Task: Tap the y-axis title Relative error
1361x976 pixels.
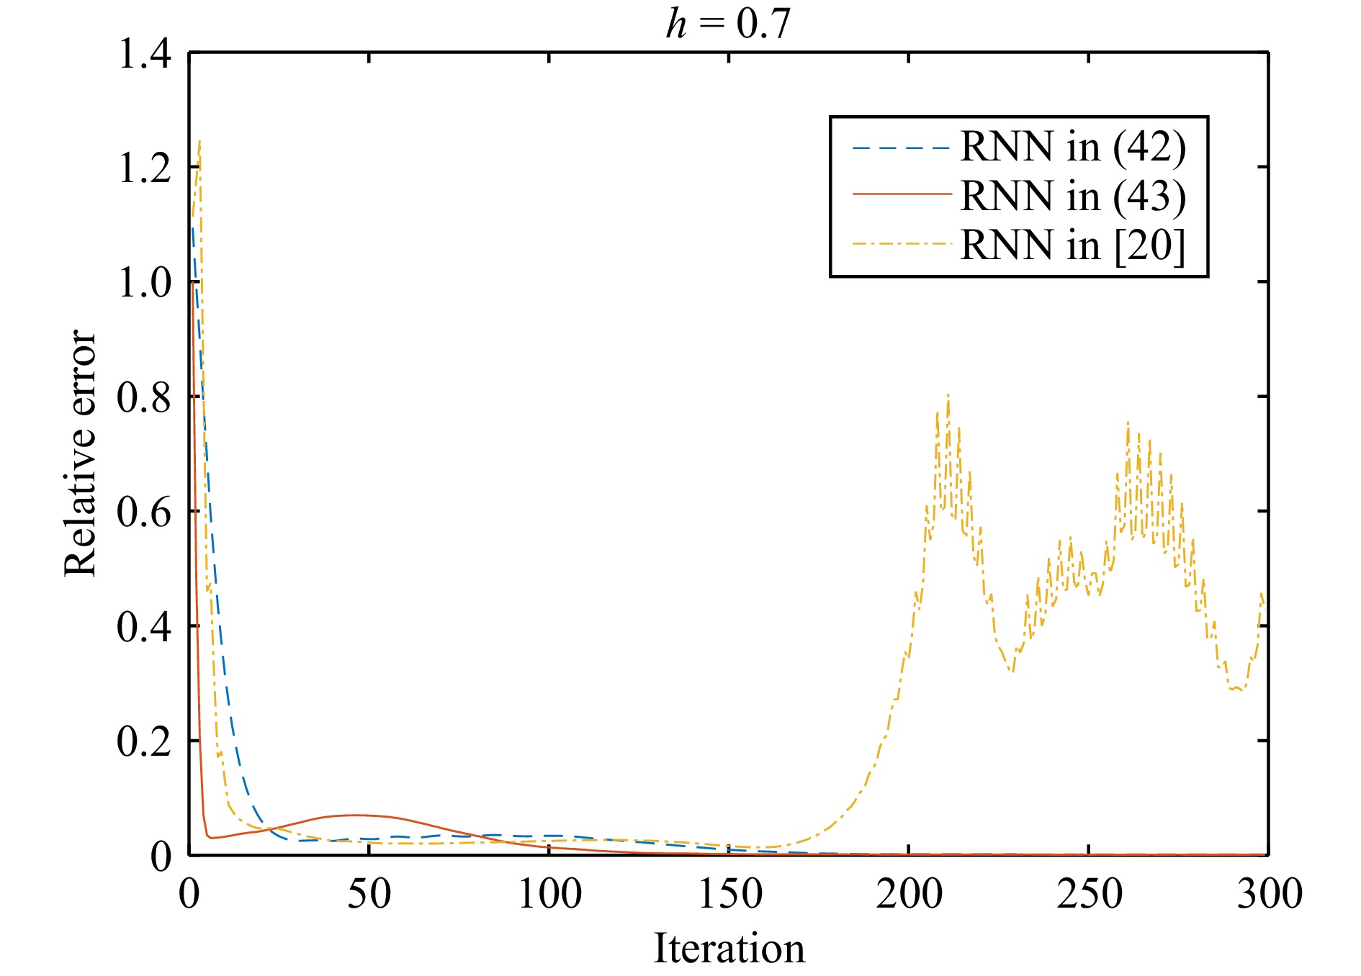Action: point(80,453)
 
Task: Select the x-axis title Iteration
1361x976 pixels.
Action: point(729,948)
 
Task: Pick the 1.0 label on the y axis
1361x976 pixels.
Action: point(144,282)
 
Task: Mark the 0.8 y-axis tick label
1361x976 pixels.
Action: point(144,397)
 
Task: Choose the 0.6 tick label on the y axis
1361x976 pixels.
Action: point(144,512)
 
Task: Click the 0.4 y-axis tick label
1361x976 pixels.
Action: point(144,626)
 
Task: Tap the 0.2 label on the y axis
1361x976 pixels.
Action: point(144,741)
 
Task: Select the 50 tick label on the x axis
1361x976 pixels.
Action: point(369,894)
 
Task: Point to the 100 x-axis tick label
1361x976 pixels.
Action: point(549,894)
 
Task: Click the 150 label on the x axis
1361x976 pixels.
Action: point(729,894)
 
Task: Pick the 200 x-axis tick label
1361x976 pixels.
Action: point(909,894)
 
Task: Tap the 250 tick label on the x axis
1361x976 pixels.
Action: point(1089,894)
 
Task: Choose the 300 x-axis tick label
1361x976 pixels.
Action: point(1269,894)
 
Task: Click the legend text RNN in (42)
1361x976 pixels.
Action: point(1073,148)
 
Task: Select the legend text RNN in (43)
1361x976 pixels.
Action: point(1073,196)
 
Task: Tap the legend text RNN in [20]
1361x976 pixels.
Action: point(1073,245)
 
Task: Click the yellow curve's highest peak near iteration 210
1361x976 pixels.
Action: point(948,395)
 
